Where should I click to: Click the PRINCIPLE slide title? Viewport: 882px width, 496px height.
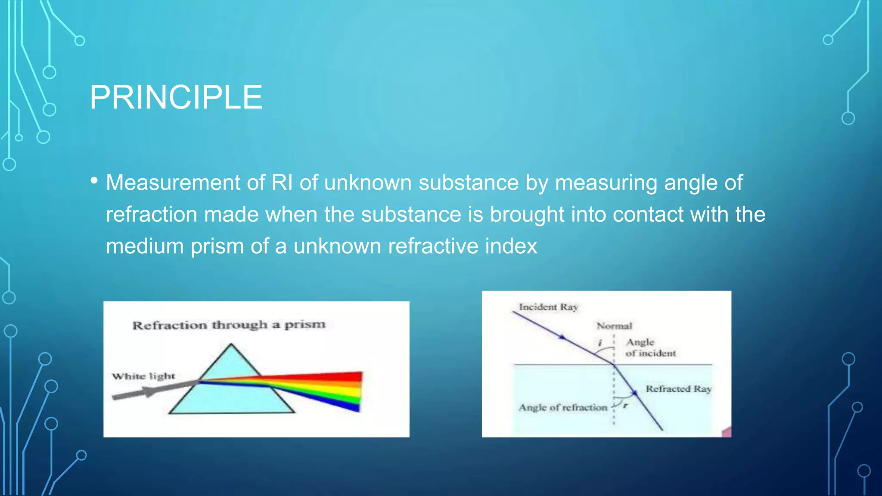176,97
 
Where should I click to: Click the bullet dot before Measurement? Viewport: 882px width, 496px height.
94,181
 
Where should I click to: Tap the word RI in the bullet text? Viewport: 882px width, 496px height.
282,183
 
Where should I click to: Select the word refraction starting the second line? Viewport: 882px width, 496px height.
152,214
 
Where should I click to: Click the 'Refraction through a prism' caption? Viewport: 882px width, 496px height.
229,325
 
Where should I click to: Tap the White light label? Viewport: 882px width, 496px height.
143,376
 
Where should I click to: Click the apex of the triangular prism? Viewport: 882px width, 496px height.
231,344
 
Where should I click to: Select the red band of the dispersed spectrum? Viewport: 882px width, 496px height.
345,377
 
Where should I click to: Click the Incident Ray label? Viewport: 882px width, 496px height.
548,307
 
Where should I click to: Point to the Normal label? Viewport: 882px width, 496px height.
614,326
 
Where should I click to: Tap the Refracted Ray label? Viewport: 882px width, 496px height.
678,389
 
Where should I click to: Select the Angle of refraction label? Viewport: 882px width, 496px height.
562,407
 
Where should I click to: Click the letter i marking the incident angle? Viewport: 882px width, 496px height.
599,343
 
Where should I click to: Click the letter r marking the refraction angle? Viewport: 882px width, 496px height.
625,405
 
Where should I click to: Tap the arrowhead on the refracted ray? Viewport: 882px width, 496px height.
634,393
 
